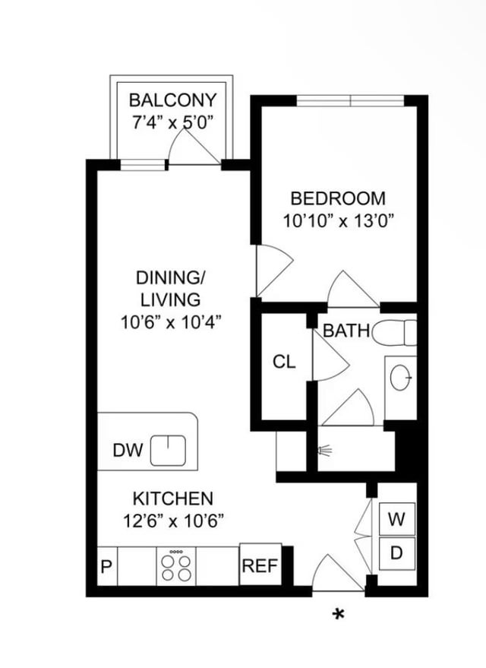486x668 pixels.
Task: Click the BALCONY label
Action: [173, 100]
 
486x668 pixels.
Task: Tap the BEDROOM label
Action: [338, 198]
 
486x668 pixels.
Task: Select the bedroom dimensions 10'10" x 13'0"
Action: [338, 221]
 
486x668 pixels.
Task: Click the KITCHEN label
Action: [173, 499]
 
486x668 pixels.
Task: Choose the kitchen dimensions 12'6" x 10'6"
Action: [173, 521]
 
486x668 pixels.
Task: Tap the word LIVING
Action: [170, 300]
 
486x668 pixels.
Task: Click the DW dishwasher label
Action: [128, 451]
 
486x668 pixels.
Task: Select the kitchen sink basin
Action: [168, 451]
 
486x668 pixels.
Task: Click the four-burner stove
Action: [176, 566]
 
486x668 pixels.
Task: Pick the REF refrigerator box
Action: [260, 565]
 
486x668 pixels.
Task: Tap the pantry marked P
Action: [107, 566]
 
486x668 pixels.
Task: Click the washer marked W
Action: [396, 519]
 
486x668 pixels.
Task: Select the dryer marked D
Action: [396, 553]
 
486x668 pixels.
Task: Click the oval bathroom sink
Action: [401, 378]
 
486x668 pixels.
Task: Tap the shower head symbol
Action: [325, 451]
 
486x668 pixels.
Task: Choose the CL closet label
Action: [284, 362]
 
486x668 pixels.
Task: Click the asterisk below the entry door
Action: [339, 614]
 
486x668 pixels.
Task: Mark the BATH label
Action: [347, 331]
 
